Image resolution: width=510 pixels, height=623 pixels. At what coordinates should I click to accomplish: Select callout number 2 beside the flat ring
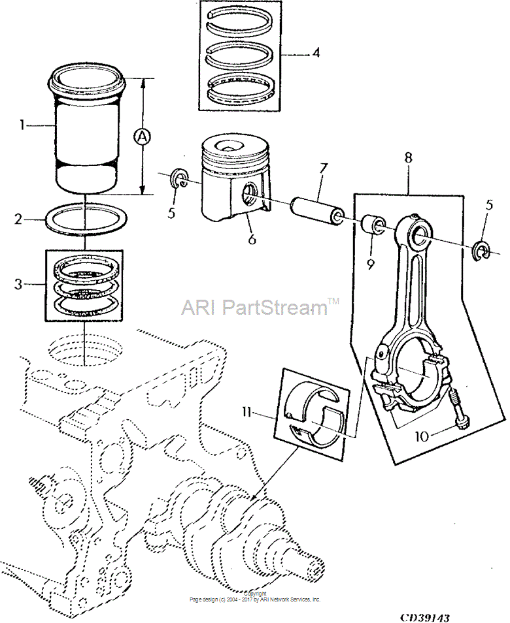pos(18,219)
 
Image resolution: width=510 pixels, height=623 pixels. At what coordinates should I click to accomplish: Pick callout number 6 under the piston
pos(252,240)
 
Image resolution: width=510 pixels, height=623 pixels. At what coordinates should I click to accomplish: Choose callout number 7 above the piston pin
pos(322,169)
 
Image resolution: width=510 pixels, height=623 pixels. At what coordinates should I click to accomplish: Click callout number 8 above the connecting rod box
pos(409,158)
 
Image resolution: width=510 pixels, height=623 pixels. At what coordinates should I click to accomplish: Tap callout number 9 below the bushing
pos(371,264)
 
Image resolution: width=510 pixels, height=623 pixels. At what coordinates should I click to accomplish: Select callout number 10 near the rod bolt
pos(422,436)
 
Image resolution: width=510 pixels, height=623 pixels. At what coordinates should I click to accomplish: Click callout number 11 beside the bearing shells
pos(246,413)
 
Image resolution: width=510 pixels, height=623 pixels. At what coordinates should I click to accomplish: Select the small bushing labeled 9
pos(372,225)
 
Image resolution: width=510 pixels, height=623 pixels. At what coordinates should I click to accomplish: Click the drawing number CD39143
pos(425,617)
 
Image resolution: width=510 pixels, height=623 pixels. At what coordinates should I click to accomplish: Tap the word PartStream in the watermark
pos(275,307)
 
